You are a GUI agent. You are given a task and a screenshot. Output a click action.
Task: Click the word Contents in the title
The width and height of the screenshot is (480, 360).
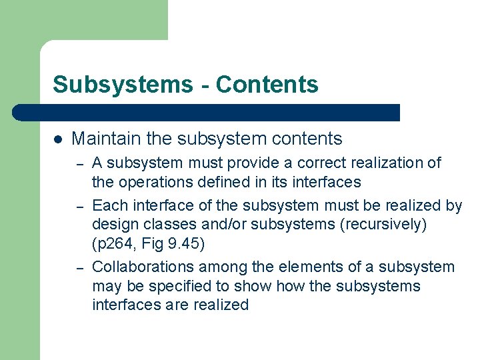click(x=267, y=85)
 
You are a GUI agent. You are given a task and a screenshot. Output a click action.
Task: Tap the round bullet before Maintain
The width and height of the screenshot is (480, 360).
click(x=58, y=139)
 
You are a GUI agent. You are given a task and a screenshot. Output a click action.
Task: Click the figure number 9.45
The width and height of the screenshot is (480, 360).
click(x=186, y=244)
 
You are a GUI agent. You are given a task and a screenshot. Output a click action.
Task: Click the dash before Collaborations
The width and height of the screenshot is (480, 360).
click(x=79, y=268)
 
